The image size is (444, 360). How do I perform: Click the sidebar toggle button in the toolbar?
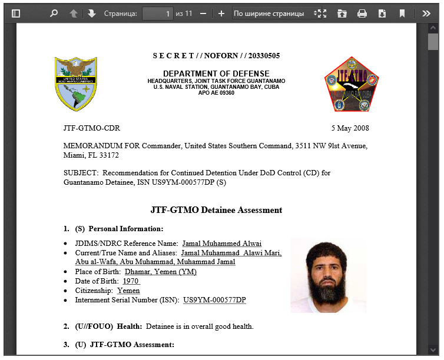click(16, 14)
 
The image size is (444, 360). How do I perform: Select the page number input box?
click(157, 14)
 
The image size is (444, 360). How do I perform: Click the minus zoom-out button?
click(203, 14)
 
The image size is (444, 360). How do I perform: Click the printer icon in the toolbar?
click(362, 14)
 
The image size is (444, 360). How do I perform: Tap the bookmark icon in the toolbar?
click(402, 14)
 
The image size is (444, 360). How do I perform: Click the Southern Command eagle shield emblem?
click(76, 84)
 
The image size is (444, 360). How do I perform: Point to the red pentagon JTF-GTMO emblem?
click(352, 84)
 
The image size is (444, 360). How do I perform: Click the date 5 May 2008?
click(350, 128)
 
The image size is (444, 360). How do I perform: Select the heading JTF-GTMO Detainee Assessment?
click(216, 210)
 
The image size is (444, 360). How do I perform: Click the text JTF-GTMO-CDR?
click(92, 128)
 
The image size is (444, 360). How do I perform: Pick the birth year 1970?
click(131, 281)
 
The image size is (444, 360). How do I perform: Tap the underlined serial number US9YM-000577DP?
click(214, 300)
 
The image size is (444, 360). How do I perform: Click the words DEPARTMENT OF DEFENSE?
click(216, 74)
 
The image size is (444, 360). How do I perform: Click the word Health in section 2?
click(129, 326)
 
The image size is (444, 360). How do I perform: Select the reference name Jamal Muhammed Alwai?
click(221, 244)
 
